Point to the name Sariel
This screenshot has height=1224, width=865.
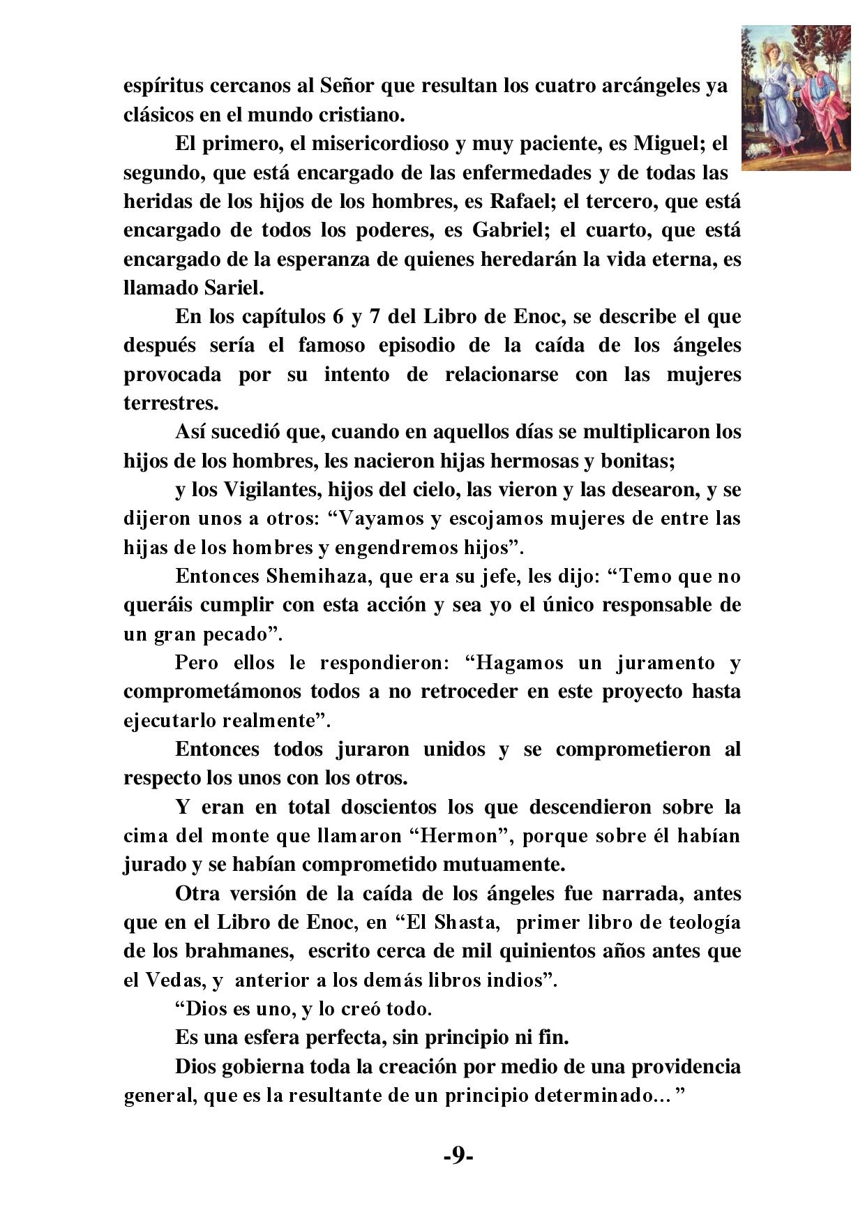(x=237, y=287)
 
